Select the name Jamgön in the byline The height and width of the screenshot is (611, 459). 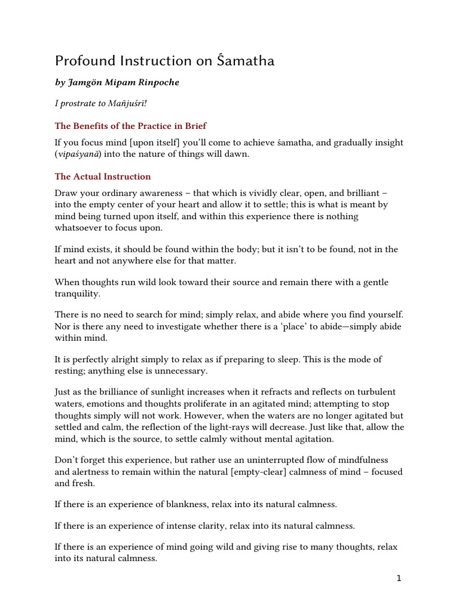[x=89, y=82]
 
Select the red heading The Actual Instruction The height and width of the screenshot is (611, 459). [x=103, y=177]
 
